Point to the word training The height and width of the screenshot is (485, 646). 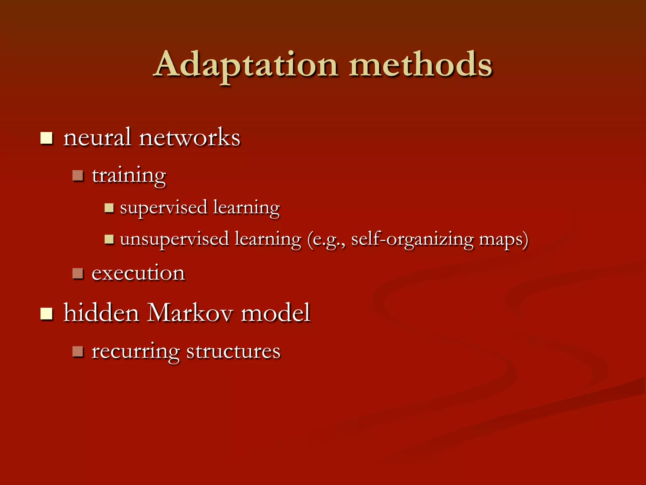pyautogui.click(x=129, y=176)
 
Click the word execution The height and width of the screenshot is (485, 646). pyautogui.click(x=138, y=273)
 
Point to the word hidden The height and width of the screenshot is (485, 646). pyautogui.click(x=101, y=313)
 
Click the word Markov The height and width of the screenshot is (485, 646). pyautogui.click(x=190, y=313)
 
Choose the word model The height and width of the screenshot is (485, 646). pyautogui.click(x=275, y=313)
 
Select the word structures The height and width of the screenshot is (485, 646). pyautogui.click(x=233, y=351)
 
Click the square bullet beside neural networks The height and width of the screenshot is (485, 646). pyautogui.click(x=46, y=138)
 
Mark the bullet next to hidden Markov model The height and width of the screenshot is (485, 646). pyautogui.click(x=46, y=314)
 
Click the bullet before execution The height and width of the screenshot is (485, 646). pyautogui.click(x=78, y=273)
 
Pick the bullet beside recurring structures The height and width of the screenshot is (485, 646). pyautogui.click(x=78, y=351)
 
